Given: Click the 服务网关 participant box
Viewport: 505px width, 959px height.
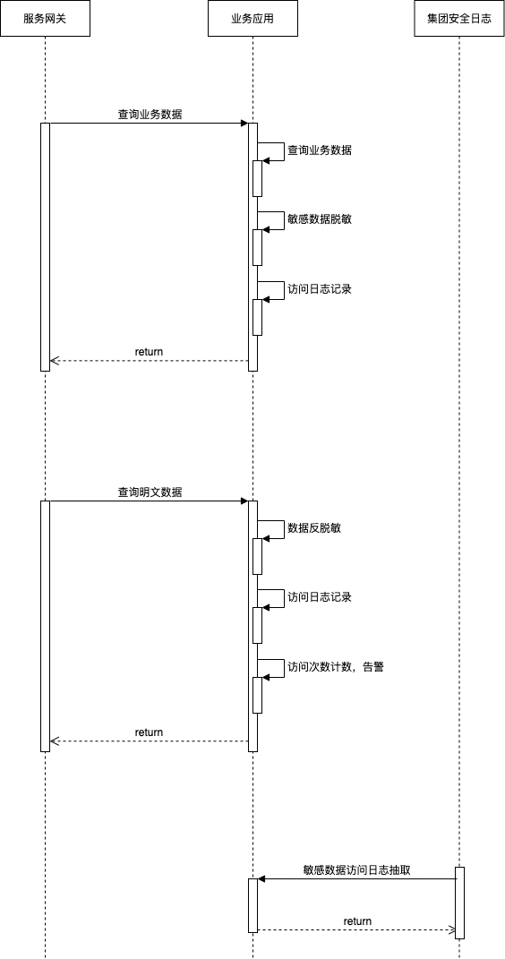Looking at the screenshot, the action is pos(46,18).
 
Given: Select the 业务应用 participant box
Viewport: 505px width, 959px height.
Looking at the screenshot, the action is pos(252,18).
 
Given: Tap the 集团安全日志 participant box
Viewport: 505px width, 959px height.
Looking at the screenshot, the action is pos(459,18).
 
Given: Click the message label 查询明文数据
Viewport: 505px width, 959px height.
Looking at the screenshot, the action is pos(150,492).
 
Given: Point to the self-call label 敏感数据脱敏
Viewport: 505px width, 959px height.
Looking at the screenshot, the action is pos(320,219).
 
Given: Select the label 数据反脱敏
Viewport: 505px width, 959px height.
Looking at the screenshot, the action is pos(314,527).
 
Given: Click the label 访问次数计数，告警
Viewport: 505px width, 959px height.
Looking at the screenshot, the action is pos(336,667).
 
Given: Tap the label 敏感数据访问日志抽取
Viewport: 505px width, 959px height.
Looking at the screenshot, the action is pos(356,870).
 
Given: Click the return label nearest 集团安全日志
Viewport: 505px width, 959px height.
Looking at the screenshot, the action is pos(357,921).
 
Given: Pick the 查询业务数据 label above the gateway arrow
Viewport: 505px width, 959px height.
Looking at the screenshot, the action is pos(150,114).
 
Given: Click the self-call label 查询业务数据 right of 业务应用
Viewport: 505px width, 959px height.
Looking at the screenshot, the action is pos(320,150).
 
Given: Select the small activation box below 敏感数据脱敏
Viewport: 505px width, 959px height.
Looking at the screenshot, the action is pos(257,248).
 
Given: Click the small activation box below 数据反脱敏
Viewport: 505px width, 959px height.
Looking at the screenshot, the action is pos(257,556).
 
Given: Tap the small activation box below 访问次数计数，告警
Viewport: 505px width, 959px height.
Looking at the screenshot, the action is pos(257,695).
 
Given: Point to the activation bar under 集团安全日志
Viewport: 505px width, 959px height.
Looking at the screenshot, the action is pos(459,903).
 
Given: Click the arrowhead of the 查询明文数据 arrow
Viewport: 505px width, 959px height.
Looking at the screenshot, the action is pos(244,501).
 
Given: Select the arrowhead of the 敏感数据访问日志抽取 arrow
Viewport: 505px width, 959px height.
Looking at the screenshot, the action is pos(261,879).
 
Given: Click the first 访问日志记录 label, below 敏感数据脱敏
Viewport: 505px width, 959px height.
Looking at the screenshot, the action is pos(320,289).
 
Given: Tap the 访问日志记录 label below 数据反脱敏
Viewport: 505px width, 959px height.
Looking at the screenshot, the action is pos(320,597).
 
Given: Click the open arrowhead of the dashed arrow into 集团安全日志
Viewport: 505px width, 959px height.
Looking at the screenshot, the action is pos(452,930).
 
